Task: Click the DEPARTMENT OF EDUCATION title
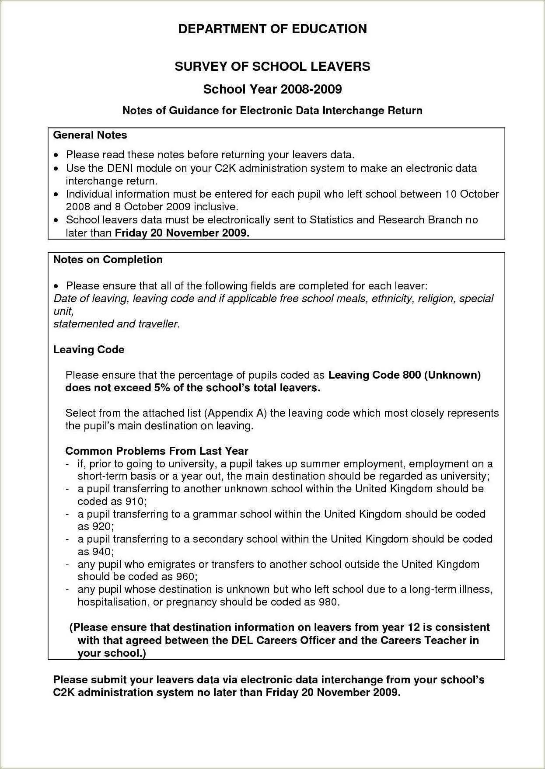tap(272, 29)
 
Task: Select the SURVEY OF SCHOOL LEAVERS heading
tap(272, 66)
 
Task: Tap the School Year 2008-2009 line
tap(272, 89)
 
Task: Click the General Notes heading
tap(90, 135)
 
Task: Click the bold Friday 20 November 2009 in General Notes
tap(182, 233)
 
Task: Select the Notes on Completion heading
tap(108, 260)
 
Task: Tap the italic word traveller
tap(159, 324)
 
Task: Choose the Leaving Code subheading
tap(89, 350)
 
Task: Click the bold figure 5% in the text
tap(161, 388)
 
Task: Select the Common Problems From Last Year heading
tap(157, 451)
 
